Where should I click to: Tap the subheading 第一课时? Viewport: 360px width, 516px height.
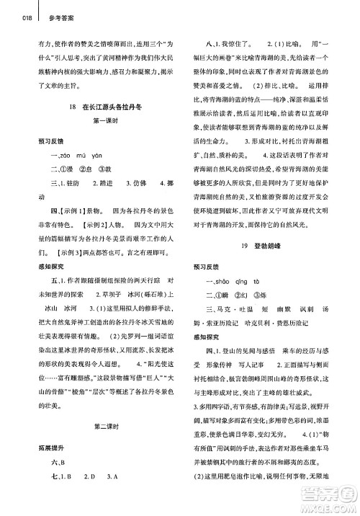[106, 120]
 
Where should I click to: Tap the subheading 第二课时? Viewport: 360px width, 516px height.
[106, 406]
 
